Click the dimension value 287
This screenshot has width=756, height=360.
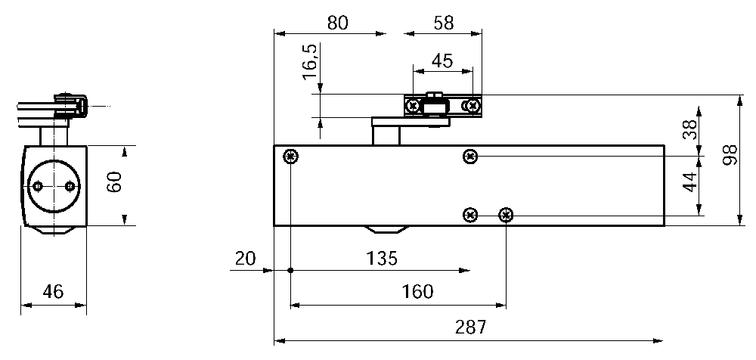470,327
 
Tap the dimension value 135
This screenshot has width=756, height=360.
380,259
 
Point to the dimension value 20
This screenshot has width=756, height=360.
245,259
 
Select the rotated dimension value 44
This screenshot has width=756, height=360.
689,182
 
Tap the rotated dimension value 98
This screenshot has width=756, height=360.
730,160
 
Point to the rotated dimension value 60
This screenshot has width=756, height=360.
113,184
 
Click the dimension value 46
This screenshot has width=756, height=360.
52,290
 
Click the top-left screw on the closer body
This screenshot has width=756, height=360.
291,157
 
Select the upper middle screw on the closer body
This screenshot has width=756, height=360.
470,157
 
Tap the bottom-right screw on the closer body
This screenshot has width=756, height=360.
506,216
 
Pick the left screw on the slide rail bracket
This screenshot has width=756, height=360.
413,106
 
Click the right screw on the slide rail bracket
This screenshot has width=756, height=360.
472,106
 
